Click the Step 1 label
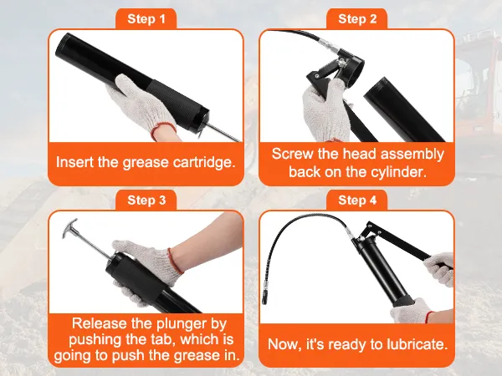pos(146,18)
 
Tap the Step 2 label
pos(357,18)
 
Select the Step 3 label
pos(146,200)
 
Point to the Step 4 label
pos(357,200)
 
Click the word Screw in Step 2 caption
pos(290,154)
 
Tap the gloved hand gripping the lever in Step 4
pos(438,270)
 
